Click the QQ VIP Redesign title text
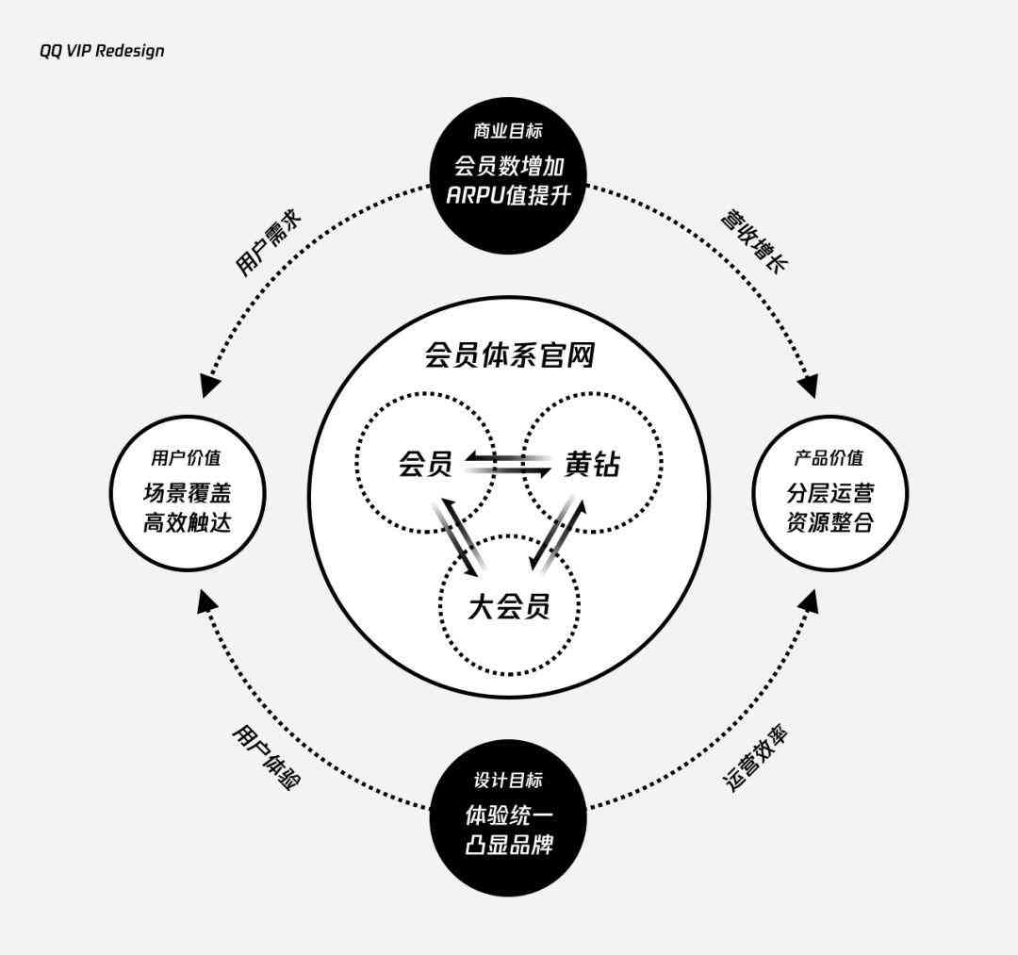tap(102, 51)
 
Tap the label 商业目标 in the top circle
tap(508, 131)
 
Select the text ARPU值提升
tap(508, 195)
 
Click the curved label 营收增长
tap(754, 240)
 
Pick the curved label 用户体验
tap(266, 757)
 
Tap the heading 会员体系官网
tap(510, 355)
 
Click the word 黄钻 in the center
tap(592, 464)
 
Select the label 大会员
tap(509, 607)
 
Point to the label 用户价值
tap(186, 458)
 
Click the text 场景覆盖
tap(187, 493)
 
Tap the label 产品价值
tap(829, 458)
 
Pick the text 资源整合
tap(830, 522)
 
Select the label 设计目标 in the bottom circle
tap(508, 780)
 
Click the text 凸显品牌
tap(509, 846)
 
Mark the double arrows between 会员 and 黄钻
tap(508, 464)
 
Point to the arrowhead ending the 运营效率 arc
tap(810, 601)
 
